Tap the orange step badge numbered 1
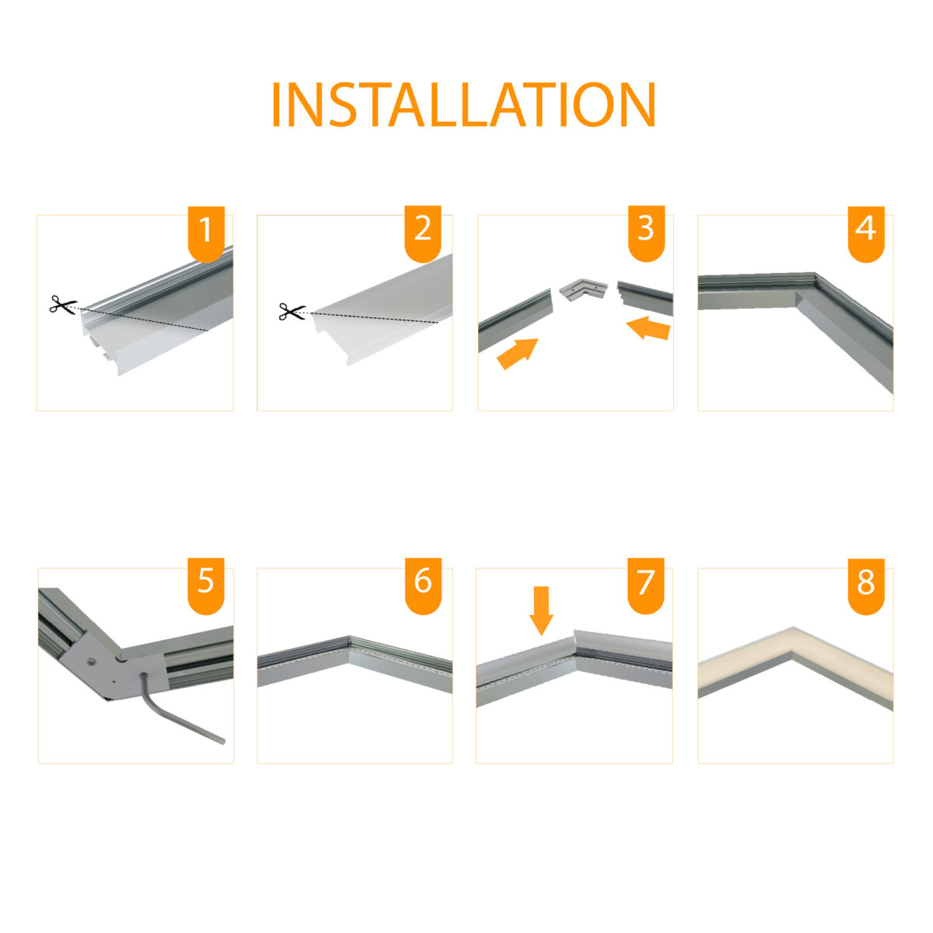click(x=206, y=233)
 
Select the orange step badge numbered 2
click(x=423, y=233)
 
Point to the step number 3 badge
click(x=646, y=233)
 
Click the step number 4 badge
click(x=866, y=233)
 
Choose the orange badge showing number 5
click(x=206, y=586)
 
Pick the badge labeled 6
click(x=423, y=586)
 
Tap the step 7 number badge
click(x=646, y=586)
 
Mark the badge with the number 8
click(x=866, y=586)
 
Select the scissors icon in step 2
click(x=292, y=311)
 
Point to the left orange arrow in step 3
click(x=517, y=353)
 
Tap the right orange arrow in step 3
click(x=648, y=328)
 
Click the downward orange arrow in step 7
click(x=541, y=610)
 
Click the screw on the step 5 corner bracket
click(x=92, y=660)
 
